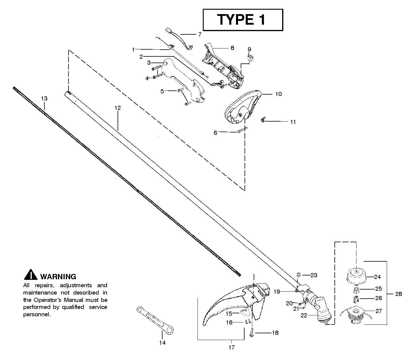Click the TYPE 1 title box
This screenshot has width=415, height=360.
coord(243,20)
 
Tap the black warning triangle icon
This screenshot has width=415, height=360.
coord(31,274)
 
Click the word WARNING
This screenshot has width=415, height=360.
coord(58,277)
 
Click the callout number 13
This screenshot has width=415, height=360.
coord(44,98)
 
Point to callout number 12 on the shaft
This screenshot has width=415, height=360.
coord(117,108)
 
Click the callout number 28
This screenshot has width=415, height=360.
coord(399,294)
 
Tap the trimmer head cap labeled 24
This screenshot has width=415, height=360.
coord(356,277)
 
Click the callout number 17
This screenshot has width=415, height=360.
coord(231,348)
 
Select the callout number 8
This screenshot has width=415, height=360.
coord(232,48)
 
